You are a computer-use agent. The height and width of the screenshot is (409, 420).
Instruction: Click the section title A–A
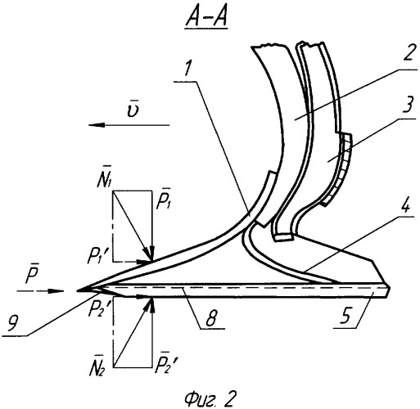(206, 20)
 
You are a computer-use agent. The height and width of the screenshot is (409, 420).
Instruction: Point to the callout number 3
(408, 104)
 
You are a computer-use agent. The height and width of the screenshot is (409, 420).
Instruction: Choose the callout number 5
(345, 316)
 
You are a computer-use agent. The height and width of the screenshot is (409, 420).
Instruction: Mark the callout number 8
(212, 317)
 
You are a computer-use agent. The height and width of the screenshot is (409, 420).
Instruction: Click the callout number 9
(14, 324)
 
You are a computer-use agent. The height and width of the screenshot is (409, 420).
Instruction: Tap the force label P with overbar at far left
(32, 274)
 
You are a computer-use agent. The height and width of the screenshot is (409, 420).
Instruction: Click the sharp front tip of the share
(77, 291)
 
